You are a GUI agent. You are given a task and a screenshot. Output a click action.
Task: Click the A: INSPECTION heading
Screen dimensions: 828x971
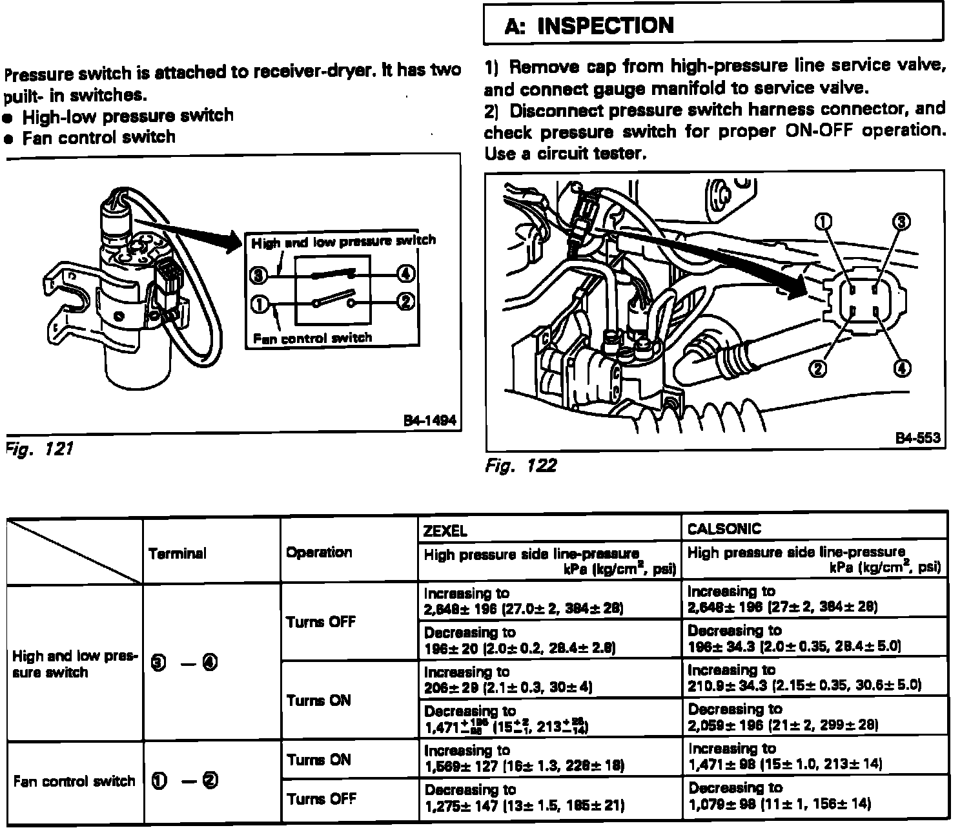(589, 26)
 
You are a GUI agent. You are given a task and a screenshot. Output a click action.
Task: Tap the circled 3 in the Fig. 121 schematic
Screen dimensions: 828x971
(258, 276)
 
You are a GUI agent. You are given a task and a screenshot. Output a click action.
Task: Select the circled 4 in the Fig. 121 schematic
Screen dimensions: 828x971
(405, 274)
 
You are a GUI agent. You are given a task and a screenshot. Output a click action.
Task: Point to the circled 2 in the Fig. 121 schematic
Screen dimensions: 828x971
(405, 302)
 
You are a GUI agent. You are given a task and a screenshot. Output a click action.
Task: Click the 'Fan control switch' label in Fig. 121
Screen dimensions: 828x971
(312, 338)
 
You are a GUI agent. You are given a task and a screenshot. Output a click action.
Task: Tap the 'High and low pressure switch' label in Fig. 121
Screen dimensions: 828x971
(343, 242)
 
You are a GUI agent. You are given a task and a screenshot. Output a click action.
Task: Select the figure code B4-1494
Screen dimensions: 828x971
(429, 420)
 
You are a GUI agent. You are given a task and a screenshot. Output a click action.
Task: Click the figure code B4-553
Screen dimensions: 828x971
(917, 438)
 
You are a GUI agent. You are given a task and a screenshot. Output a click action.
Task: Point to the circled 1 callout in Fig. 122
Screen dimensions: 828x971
(824, 222)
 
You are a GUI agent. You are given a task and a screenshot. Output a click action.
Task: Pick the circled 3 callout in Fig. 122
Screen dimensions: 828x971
(901, 222)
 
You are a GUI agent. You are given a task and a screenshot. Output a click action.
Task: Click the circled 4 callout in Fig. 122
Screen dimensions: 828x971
(901, 368)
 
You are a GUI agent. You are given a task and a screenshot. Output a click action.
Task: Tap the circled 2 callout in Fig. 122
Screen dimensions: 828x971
(818, 368)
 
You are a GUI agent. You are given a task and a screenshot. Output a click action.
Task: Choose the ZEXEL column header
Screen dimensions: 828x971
(445, 531)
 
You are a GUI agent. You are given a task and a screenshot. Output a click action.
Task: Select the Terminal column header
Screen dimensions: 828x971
(178, 554)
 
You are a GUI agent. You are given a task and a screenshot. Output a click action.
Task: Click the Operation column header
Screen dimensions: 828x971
(319, 552)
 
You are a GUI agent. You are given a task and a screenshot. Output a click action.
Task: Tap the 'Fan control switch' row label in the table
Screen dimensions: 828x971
(74, 781)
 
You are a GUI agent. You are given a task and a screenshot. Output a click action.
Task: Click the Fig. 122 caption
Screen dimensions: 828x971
(520, 465)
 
